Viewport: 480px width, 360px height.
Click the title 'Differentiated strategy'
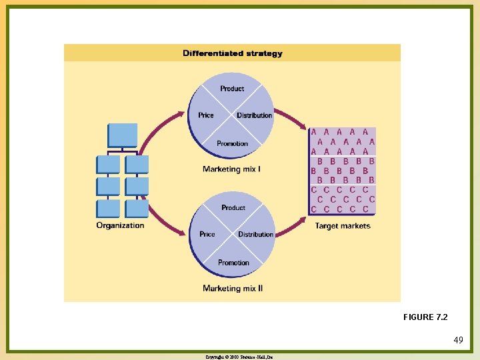[232, 53]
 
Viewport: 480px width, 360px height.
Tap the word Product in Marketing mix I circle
[232, 89]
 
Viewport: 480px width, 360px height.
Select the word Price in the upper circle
[206, 115]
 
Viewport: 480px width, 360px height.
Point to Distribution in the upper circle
[254, 115]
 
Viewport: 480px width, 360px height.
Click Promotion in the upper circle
[232, 143]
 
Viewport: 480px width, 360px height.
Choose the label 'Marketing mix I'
[231, 169]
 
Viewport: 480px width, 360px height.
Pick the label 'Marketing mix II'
[233, 288]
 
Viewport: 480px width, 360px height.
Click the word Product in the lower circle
[233, 208]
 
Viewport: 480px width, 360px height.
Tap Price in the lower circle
[207, 234]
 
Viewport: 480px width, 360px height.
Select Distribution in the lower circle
[255, 235]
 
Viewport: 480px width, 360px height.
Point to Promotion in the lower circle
[233, 263]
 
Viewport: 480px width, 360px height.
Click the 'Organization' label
[120, 225]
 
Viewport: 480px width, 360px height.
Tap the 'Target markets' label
[342, 226]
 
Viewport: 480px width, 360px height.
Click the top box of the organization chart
[123, 135]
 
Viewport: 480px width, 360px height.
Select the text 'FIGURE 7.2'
[426, 317]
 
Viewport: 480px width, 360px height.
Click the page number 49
[458, 341]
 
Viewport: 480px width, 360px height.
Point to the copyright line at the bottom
[240, 357]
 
